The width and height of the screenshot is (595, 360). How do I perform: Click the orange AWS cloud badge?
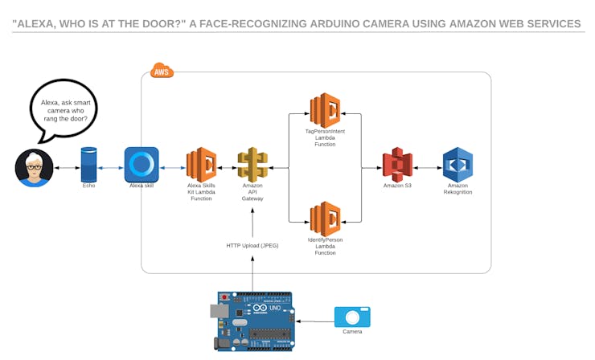coord(162,72)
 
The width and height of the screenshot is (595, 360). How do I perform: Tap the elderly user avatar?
coord(34,167)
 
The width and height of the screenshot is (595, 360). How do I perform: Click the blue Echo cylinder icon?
coord(88,164)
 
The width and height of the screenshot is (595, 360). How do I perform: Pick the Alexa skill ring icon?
coord(142,164)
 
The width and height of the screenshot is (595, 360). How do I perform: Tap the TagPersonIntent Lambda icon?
coord(326,110)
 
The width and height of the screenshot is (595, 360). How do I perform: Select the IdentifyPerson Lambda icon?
coord(326,219)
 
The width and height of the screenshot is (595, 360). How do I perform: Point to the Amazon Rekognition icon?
coord(458,164)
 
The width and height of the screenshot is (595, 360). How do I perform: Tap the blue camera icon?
coord(352,317)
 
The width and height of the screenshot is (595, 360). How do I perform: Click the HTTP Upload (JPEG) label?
coord(252,245)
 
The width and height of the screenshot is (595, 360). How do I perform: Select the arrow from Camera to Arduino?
coord(314,318)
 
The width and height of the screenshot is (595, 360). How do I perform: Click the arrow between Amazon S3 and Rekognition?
coord(427,167)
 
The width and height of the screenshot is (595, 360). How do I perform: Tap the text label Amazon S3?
coord(397,186)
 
